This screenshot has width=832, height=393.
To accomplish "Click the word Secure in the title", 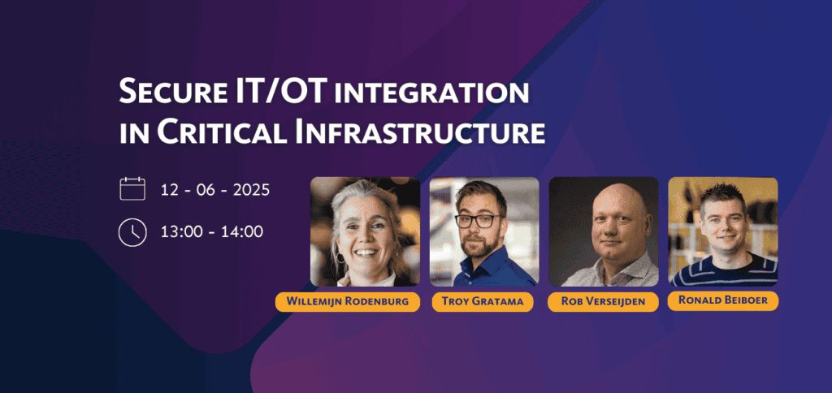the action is (165, 93).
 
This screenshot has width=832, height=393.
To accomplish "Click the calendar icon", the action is (132, 189).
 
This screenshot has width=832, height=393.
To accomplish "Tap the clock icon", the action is (132, 232).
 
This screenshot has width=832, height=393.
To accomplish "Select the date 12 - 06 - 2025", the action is (214, 189).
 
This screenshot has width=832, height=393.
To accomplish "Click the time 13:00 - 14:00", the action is (212, 232).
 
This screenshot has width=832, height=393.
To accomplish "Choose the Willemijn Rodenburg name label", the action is (348, 302).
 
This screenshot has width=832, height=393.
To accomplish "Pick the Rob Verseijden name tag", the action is (603, 302).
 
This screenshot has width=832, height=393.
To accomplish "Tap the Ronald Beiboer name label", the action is (723, 300).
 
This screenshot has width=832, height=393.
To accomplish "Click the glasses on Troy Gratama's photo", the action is (478, 220).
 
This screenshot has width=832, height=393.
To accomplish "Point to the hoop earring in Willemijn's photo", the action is (340, 257).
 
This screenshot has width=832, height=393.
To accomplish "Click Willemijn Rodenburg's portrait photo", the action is (365, 231).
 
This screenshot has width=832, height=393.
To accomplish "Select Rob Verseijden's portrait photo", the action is (604, 231).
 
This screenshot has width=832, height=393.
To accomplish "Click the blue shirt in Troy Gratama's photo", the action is (491, 269).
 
